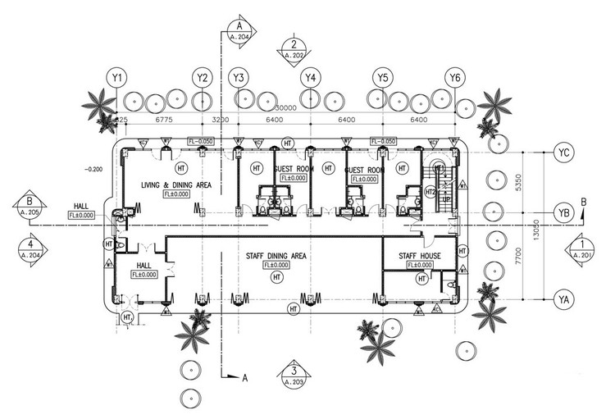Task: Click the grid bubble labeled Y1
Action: (x=117, y=78)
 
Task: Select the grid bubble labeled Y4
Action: (x=310, y=78)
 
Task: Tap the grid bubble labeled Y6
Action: (x=454, y=78)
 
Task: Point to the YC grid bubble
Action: (x=563, y=153)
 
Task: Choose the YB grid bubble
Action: (x=563, y=211)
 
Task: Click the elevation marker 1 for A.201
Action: (x=581, y=249)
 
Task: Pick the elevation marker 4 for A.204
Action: (x=30, y=249)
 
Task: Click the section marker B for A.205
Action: (x=29, y=205)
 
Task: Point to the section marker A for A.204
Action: (x=240, y=30)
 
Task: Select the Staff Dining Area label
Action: (x=276, y=257)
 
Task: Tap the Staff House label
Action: (x=420, y=257)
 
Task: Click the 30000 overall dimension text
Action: (x=285, y=108)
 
